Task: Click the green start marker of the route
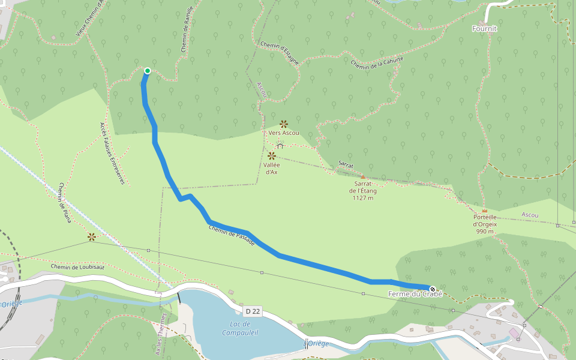point(147,71)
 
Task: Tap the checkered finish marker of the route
point(433,289)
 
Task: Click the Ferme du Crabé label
point(415,294)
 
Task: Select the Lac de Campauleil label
point(240,328)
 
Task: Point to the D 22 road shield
point(253,311)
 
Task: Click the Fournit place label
point(485,28)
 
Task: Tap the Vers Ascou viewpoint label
point(284,133)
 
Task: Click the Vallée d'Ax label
point(271,168)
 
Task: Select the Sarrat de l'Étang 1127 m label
point(363,191)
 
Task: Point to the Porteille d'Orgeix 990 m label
point(485,224)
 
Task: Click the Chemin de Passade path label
point(232,235)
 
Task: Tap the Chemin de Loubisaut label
point(77,266)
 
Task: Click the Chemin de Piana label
point(65,203)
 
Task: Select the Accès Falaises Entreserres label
point(112,154)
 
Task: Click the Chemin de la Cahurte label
point(377,62)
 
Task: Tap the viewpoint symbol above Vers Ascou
point(284,124)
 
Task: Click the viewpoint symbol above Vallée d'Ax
point(271,155)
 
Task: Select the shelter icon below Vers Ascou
point(280,145)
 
